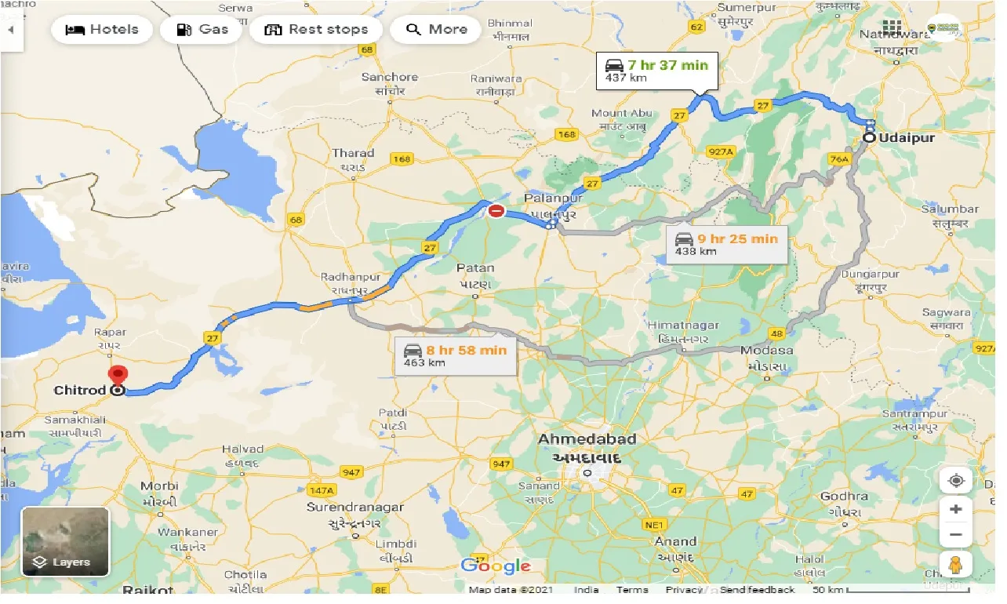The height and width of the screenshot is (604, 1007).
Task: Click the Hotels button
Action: pos(102,30)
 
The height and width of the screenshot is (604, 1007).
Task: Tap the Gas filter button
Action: pos(202,30)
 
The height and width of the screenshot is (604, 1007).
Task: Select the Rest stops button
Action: pos(317,30)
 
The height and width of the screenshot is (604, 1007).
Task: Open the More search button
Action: pos(438,30)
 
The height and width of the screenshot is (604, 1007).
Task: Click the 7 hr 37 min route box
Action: pos(656,71)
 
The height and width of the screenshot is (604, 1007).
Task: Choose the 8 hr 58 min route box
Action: pos(455,356)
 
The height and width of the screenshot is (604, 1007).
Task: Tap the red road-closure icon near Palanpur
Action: pos(496,211)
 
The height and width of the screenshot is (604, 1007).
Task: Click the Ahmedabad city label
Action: pos(587,439)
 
